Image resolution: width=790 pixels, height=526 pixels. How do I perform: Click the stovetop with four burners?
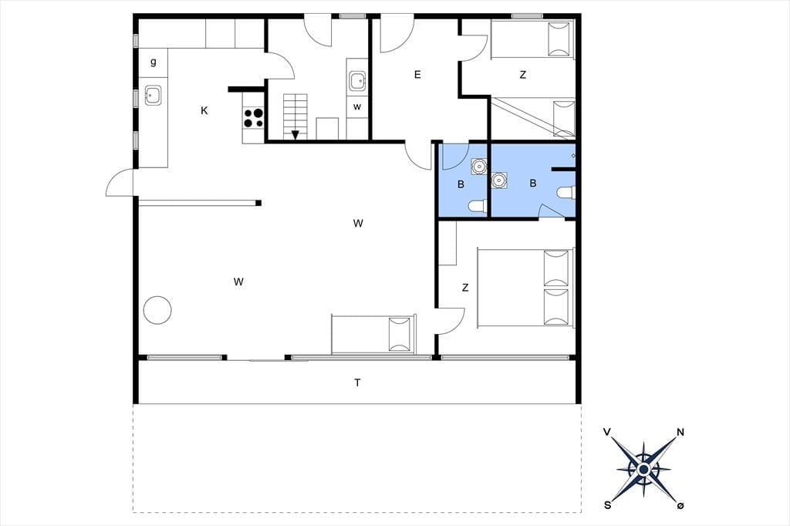click(x=253, y=118)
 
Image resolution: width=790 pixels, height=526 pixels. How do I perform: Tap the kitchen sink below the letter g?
click(x=153, y=95)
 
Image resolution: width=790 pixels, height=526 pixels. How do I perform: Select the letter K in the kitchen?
click(x=204, y=111)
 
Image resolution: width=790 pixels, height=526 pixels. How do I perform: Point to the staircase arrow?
click(x=295, y=134)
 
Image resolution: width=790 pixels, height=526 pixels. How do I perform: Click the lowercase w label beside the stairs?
click(x=357, y=106)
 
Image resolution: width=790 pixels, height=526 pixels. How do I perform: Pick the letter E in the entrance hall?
click(x=417, y=75)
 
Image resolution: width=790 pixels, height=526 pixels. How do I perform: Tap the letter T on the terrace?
click(x=357, y=383)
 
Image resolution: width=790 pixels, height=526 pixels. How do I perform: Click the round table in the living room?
click(x=157, y=310)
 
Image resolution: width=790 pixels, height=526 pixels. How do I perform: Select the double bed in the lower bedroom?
click(x=525, y=287)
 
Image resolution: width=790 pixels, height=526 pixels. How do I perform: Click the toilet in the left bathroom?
click(x=477, y=206)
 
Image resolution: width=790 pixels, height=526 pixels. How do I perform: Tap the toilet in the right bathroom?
click(x=566, y=193)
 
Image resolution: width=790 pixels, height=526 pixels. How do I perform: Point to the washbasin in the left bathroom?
click(x=478, y=165)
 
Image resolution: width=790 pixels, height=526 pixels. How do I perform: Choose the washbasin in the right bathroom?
click(x=499, y=180)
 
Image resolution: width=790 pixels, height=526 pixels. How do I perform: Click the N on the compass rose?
click(x=680, y=432)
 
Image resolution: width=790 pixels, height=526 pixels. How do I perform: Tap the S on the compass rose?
click(x=608, y=505)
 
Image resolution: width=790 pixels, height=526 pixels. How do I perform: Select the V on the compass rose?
click(x=608, y=432)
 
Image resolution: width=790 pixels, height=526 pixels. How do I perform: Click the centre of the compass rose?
click(x=643, y=470)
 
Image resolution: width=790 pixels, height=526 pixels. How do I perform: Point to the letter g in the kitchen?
click(x=154, y=62)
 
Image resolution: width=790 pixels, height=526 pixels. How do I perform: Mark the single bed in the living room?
click(x=373, y=334)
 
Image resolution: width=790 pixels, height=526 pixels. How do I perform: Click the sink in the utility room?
click(x=358, y=81)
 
